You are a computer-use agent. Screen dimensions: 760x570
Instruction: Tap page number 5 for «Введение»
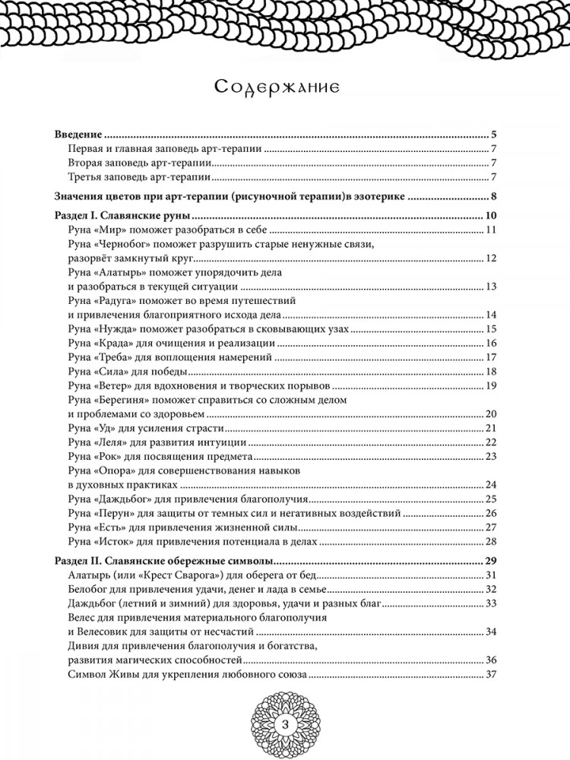(493, 134)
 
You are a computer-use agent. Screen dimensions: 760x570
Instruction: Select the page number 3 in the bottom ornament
(285, 724)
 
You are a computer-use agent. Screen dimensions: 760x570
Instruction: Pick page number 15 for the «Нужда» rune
(490, 329)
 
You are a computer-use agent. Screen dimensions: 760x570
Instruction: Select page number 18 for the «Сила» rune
(490, 371)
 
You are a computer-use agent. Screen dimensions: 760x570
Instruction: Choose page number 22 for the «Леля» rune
(490, 442)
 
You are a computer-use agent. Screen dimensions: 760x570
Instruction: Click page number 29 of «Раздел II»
(490, 561)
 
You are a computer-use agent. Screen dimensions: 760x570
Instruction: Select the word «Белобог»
(90, 589)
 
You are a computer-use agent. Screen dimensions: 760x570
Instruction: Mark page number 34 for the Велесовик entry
(490, 632)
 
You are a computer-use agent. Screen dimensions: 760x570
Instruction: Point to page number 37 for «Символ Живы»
(490, 674)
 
